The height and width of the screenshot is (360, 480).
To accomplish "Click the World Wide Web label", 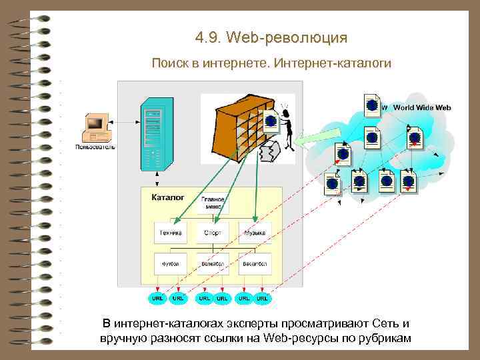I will pyautogui.click(x=422, y=107).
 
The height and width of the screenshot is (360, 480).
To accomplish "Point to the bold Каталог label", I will pyautogui.click(x=168, y=197).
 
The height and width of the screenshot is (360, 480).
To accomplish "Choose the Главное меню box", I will pyautogui.click(x=213, y=203).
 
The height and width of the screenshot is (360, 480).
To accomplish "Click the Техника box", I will pyautogui.click(x=171, y=233).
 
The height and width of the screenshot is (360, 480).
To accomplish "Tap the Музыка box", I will pyautogui.click(x=255, y=233).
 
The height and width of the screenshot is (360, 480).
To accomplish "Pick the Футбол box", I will pyautogui.click(x=171, y=263).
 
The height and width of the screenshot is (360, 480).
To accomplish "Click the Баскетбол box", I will pyautogui.click(x=255, y=263).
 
